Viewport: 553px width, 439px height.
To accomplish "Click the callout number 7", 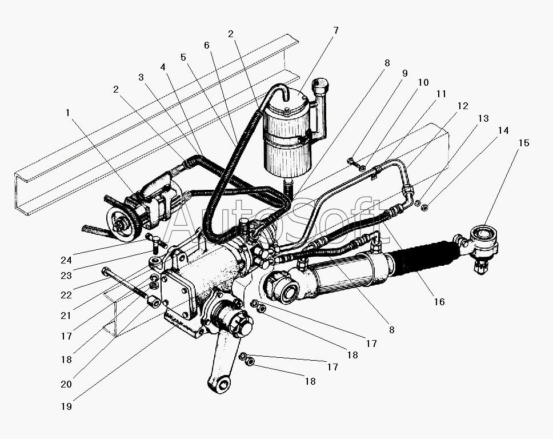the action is (336, 31).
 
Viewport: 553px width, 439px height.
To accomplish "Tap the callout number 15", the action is (524, 143).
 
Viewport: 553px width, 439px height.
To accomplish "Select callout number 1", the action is (68, 113).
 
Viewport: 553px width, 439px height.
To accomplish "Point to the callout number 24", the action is (66, 260).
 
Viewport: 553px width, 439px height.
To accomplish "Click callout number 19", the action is (66, 406).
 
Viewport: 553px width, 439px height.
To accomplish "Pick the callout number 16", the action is (439, 302).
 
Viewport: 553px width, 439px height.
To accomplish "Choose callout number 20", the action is (66, 384).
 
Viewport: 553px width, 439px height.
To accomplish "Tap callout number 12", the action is (463, 106).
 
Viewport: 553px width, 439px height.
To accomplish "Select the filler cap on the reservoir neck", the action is (320, 85).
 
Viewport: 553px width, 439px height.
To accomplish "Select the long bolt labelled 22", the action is (125, 285).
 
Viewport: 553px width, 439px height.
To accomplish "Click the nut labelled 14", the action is (425, 207).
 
